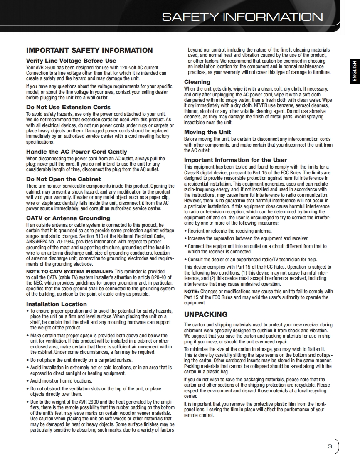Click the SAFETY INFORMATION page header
click(242, 17)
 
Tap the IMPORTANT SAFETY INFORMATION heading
click(89, 50)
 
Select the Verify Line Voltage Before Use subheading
click(71, 61)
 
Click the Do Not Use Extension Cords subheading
click(68, 107)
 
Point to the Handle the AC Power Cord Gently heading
click(76, 152)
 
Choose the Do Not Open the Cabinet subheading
click(64, 179)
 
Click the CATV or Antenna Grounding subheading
click(68, 218)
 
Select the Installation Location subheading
click(57, 304)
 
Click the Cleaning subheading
click(197, 82)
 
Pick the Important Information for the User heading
click(235, 160)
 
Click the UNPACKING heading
click(206, 314)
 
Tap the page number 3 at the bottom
click(330, 447)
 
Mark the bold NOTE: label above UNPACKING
click(192, 292)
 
